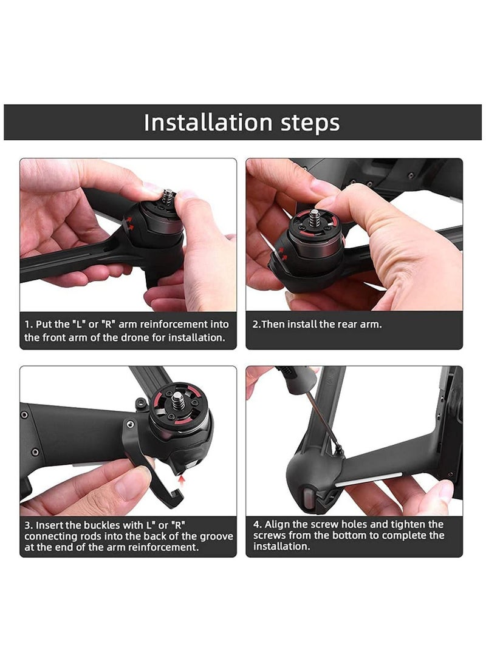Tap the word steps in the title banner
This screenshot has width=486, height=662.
307,123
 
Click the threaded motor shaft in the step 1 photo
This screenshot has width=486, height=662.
169,198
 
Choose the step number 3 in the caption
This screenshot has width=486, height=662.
28,525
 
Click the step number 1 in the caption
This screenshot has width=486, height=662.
28,324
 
